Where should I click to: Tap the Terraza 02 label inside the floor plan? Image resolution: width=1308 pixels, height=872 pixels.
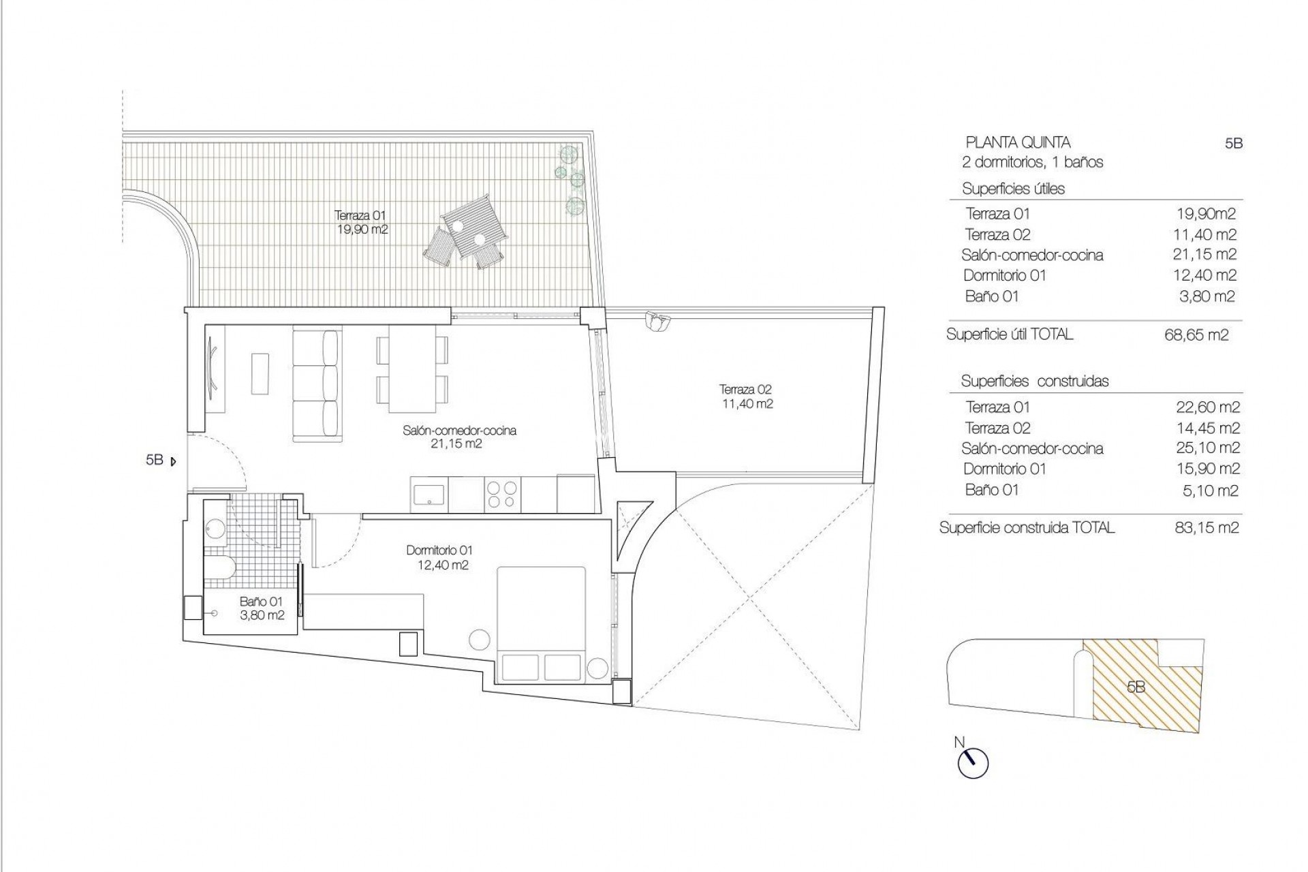746,396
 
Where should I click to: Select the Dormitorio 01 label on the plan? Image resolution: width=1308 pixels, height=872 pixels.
439,557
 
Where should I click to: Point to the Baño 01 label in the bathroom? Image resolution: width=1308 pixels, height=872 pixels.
261,608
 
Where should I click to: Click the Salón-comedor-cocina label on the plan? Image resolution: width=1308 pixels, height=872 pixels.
459,437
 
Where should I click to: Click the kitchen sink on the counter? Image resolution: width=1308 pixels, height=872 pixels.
429,494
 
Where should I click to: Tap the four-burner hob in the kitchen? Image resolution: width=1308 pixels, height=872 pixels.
503,495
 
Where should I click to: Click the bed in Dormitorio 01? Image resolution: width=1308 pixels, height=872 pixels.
542,623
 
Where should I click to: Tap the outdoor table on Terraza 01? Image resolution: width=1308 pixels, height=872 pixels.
475,228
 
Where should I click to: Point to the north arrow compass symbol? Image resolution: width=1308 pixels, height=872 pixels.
973,762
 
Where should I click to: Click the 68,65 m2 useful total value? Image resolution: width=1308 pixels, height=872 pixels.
1196,335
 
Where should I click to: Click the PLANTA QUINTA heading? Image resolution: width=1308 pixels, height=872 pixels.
1018,143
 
